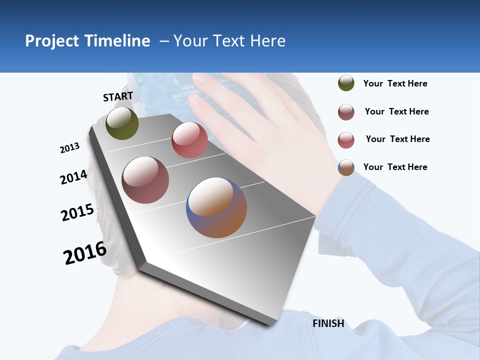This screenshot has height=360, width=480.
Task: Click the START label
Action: [x=118, y=96]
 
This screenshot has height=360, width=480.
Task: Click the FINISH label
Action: [x=328, y=323]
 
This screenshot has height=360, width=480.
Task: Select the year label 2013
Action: [x=69, y=148]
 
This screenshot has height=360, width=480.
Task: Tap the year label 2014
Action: [x=73, y=177]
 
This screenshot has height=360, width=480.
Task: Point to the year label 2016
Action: [x=85, y=253]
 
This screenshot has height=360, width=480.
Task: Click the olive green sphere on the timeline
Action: [x=122, y=123]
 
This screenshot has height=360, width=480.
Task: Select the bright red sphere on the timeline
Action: [x=189, y=140]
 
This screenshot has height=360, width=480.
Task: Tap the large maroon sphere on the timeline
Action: [x=145, y=180]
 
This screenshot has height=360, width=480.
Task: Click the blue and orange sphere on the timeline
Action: [x=216, y=207]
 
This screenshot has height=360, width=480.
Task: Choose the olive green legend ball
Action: [x=346, y=83]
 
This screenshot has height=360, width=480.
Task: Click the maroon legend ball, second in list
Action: [x=346, y=112]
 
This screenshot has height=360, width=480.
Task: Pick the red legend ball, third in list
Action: [x=346, y=140]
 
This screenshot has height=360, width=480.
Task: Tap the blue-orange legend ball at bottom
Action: [x=346, y=167]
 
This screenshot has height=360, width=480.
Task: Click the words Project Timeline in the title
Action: [x=87, y=41]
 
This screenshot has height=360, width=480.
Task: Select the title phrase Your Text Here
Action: [x=229, y=41]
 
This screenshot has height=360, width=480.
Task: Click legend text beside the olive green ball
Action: [x=395, y=84]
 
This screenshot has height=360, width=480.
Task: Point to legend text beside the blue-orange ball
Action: [x=395, y=167]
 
